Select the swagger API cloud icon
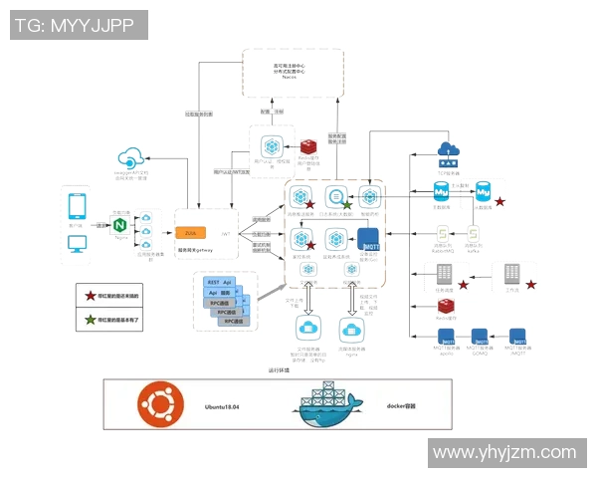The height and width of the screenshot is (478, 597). click(x=129, y=157)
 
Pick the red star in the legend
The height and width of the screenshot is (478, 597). click(x=90, y=296)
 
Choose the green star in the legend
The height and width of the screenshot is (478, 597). click(x=90, y=319)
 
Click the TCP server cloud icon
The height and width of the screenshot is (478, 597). click(x=448, y=151)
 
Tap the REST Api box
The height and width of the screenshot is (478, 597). click(x=219, y=283)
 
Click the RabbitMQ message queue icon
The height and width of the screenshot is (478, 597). click(x=444, y=235)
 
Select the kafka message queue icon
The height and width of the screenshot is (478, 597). click(x=476, y=235)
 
